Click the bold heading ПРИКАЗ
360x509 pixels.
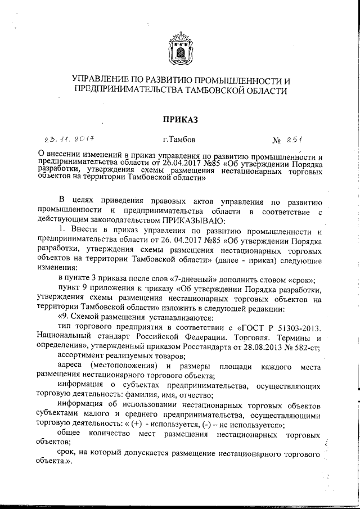click(180, 119)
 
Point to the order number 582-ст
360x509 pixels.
click(305, 347)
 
